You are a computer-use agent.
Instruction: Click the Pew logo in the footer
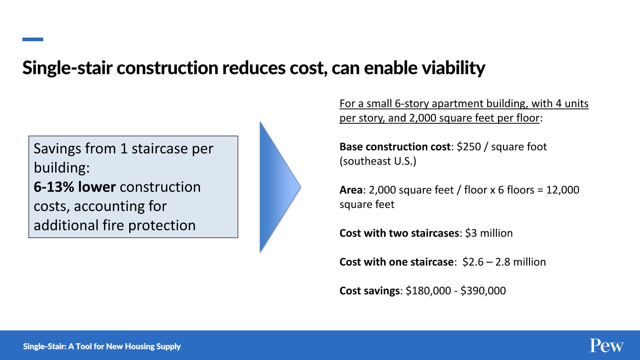[x=606, y=346]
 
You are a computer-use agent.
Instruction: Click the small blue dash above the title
[x=33, y=40]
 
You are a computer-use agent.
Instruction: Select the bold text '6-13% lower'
[x=74, y=187]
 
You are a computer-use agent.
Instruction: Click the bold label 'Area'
[x=351, y=190]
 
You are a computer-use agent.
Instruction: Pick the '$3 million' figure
[x=489, y=233]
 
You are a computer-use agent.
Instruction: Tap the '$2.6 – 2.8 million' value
[x=504, y=262]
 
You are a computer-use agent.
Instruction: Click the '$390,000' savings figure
[x=483, y=290]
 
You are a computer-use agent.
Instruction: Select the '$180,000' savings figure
[x=428, y=290]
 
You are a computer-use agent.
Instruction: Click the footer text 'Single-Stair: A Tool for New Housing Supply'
[x=102, y=346]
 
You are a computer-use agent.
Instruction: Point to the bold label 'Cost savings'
[x=370, y=291]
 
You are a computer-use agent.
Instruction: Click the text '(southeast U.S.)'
[x=378, y=161]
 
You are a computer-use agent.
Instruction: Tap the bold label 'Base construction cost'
[x=395, y=146]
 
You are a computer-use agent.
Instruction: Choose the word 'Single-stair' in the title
[x=67, y=68]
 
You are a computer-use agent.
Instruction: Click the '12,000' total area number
[x=562, y=190]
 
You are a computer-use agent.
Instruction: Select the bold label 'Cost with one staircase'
[x=396, y=262]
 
